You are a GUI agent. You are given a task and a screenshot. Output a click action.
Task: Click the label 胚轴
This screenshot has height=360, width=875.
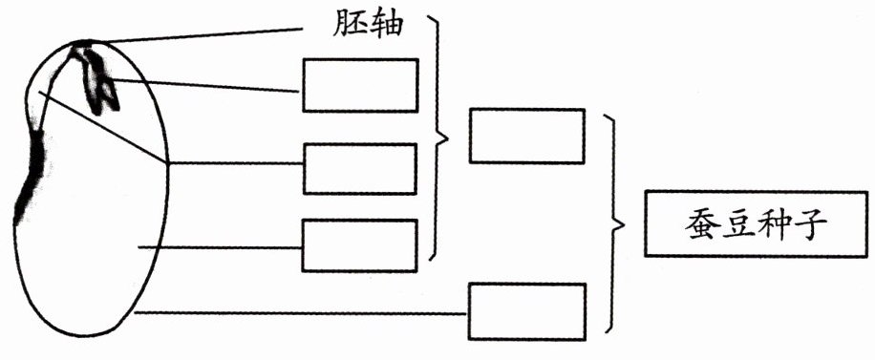point(368,24)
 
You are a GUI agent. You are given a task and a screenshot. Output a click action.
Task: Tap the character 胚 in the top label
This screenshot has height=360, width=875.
point(350,24)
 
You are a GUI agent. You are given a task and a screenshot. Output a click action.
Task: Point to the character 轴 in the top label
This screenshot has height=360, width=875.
point(386,24)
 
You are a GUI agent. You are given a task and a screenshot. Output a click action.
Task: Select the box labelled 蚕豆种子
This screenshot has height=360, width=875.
point(757,223)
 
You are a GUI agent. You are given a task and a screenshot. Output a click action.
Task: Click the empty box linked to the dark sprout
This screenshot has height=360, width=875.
point(360,85)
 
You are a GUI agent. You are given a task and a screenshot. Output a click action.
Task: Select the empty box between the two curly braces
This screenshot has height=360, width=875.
point(527,137)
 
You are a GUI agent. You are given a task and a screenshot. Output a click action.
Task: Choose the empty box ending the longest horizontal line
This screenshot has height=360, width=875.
point(526,311)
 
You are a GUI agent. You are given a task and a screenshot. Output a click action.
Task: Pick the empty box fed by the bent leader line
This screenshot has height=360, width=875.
point(360,169)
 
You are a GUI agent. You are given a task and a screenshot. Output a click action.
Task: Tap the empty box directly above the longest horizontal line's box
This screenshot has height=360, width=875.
point(360,245)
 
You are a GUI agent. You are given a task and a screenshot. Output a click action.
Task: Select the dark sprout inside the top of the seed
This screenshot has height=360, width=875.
point(96,78)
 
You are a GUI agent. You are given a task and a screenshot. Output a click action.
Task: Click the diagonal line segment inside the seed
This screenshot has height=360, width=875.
point(102,127)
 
